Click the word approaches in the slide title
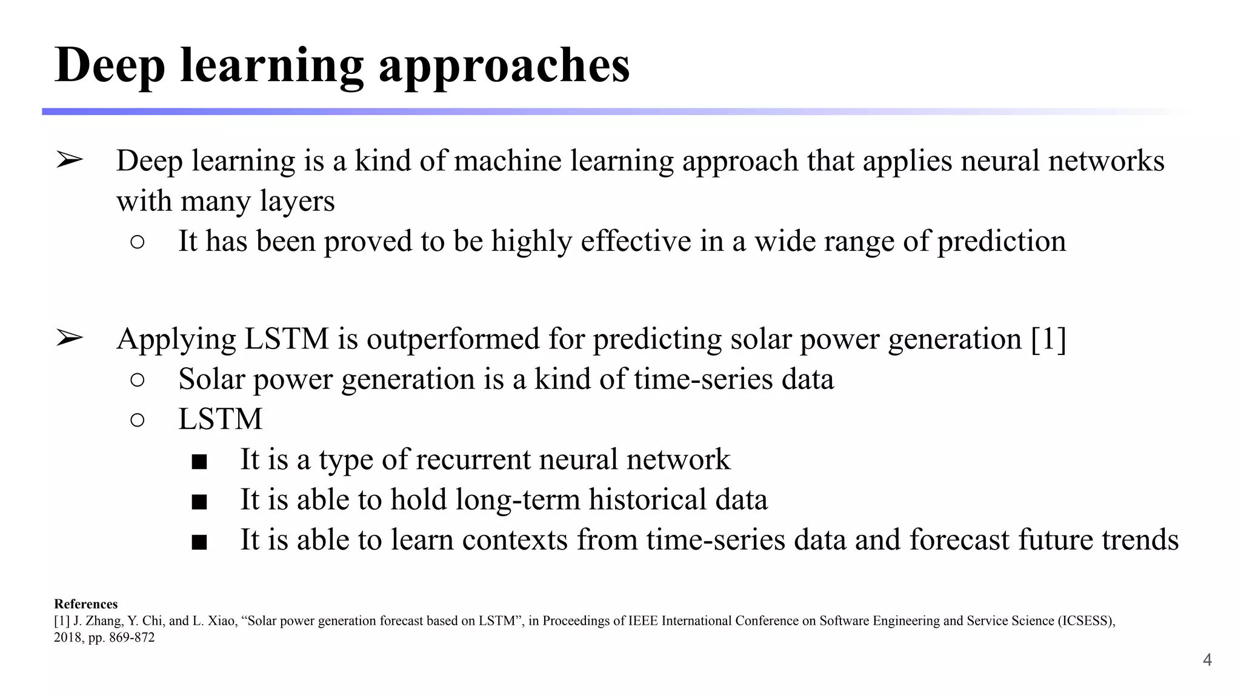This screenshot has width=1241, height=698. pyautogui.click(x=504, y=66)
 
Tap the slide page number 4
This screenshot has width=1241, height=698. pyautogui.click(x=1207, y=660)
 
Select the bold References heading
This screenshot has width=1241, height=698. pyautogui.click(x=85, y=604)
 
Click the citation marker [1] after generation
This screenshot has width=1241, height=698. pyautogui.click(x=1048, y=339)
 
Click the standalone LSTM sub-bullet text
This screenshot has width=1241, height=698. pyautogui.click(x=221, y=419)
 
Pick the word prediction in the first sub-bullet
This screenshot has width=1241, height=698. pyautogui.click(x=1001, y=241)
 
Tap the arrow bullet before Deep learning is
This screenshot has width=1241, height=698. pyautogui.click(x=69, y=161)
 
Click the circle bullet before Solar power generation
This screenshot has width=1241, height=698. pyautogui.click(x=138, y=380)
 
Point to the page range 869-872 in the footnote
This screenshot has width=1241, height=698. pyautogui.click(x=132, y=637)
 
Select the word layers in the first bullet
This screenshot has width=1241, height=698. pyautogui.click(x=297, y=201)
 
